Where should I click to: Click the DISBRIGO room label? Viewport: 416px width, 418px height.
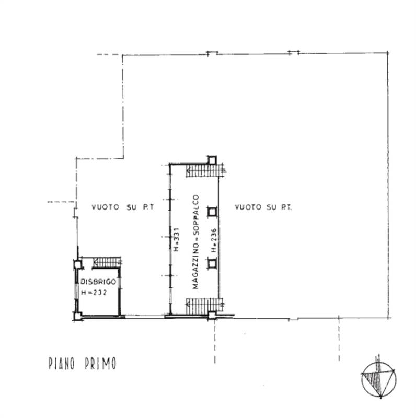(94, 282)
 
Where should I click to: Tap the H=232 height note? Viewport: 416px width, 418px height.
(94, 293)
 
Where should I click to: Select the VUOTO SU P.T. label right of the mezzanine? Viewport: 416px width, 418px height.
(263, 207)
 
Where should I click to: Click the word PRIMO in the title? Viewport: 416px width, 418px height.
(99, 364)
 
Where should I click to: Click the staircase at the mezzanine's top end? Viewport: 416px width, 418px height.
(203, 170)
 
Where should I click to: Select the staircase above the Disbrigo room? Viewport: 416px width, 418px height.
(108, 262)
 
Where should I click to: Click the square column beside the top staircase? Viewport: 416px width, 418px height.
(212, 159)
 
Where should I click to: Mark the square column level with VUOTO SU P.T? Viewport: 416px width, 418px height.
(212, 211)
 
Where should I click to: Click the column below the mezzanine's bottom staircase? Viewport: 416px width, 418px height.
(212, 315)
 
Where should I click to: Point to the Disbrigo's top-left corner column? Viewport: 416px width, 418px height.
(78, 264)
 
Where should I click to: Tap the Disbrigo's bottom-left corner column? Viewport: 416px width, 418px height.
(77, 315)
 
